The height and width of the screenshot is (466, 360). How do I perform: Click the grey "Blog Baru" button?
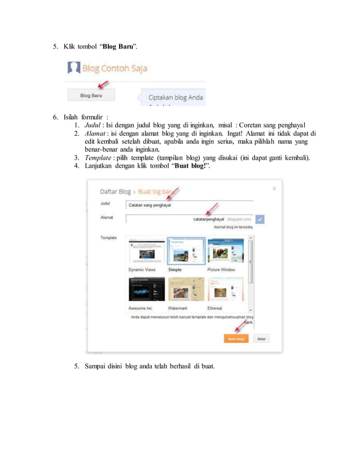pyautogui.click(x=91, y=96)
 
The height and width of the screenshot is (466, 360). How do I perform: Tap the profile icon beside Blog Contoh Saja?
pyautogui.click(x=73, y=69)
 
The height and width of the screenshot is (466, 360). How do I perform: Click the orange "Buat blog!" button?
pyautogui.click(x=236, y=339)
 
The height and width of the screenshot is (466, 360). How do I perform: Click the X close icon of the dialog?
pyautogui.click(x=274, y=188)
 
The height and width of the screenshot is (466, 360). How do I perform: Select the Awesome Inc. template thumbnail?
pyautogui.click(x=146, y=289)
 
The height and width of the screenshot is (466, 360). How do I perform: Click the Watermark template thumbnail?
pyautogui.click(x=186, y=289)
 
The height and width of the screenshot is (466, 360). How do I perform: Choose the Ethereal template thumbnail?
pyautogui.click(x=225, y=289)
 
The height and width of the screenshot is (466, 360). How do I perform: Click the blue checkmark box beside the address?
pyautogui.click(x=260, y=219)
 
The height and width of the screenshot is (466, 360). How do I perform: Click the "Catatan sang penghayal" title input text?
pyautogui.click(x=150, y=205)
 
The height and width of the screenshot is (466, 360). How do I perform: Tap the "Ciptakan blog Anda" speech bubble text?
pyautogui.click(x=172, y=97)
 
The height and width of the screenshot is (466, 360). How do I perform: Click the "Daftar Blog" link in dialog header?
pyautogui.click(x=115, y=191)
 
